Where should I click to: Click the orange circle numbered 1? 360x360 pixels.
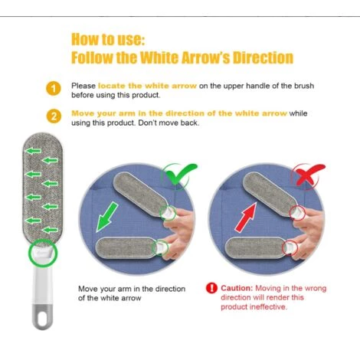click(x=54, y=89)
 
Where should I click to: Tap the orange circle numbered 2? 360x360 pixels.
click(x=54, y=116)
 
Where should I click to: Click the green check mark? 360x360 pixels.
click(x=181, y=174)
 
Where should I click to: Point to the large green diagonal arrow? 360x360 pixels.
click(x=107, y=217)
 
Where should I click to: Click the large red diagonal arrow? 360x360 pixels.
click(x=246, y=218)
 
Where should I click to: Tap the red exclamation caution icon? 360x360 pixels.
click(x=211, y=288)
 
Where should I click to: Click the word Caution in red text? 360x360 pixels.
click(x=237, y=288)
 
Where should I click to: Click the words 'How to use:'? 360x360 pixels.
click(x=108, y=39)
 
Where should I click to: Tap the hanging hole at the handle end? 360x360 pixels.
click(x=43, y=318)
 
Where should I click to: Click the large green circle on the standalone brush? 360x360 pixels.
click(x=43, y=253)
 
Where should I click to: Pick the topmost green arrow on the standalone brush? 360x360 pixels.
click(x=33, y=151)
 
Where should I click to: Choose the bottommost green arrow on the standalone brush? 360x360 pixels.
click(x=50, y=230)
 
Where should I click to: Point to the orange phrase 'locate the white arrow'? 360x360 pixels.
click(x=147, y=86)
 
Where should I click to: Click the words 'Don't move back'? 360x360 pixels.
click(x=168, y=123)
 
